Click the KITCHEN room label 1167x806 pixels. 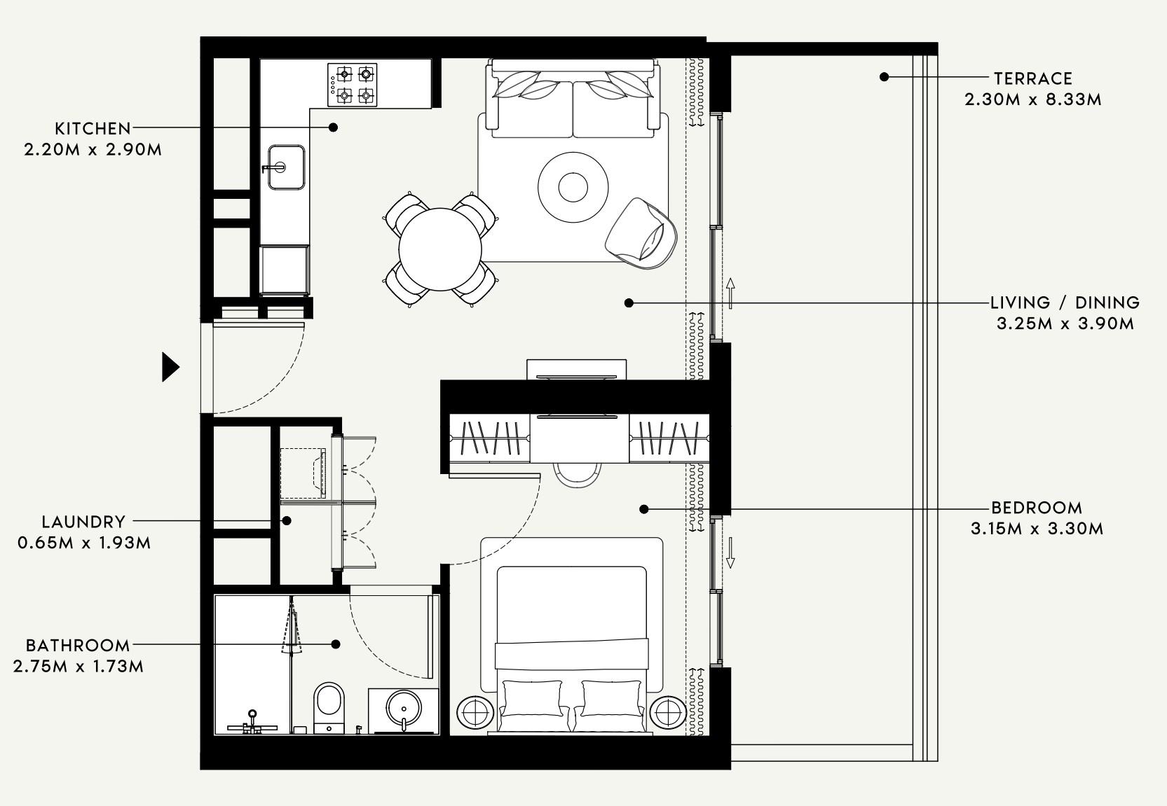point(93,129)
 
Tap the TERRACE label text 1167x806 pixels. point(1032,78)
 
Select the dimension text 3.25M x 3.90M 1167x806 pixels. point(1065,324)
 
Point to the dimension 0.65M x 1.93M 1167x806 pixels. point(84,543)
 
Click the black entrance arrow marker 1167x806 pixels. point(170,367)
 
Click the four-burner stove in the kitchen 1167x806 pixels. point(353,85)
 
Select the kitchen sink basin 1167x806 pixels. point(286,167)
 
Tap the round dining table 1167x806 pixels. point(440,249)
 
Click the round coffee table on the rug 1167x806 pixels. point(573,187)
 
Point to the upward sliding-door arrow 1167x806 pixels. point(730,293)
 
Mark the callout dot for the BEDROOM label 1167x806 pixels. point(644,509)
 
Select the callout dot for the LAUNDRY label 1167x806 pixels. point(287,521)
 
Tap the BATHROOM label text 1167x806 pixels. point(78,646)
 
